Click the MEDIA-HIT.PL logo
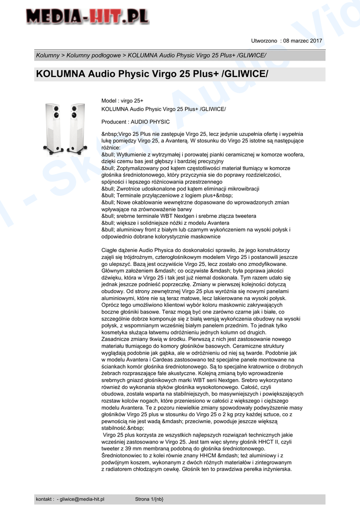click(x=87, y=18)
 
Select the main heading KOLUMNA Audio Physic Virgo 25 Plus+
click(x=152, y=74)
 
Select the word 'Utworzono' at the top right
click(x=265, y=41)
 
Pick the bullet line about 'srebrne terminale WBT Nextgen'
click(x=179, y=216)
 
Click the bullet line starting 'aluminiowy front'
click(x=196, y=230)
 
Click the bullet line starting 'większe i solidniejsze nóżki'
click(x=168, y=223)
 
